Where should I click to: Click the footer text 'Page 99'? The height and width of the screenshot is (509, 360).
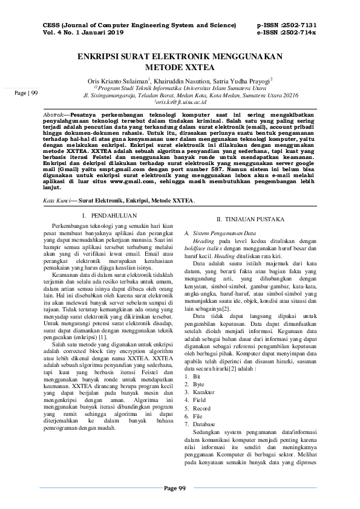[179, 488]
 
